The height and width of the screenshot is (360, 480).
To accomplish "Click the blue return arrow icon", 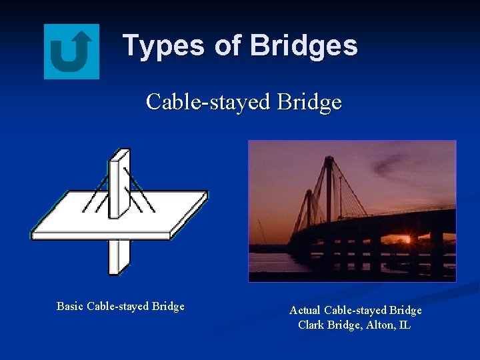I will (71, 51).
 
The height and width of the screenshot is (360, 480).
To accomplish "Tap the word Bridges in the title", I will (303, 46).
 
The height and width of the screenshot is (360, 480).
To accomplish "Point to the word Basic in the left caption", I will (70, 307).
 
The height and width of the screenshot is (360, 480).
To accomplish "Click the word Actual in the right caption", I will (305, 311).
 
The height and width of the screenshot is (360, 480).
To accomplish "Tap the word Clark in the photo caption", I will (311, 326).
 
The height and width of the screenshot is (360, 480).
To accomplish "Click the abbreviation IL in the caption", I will (405, 326).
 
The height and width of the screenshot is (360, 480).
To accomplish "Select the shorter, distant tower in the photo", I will (308, 207).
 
